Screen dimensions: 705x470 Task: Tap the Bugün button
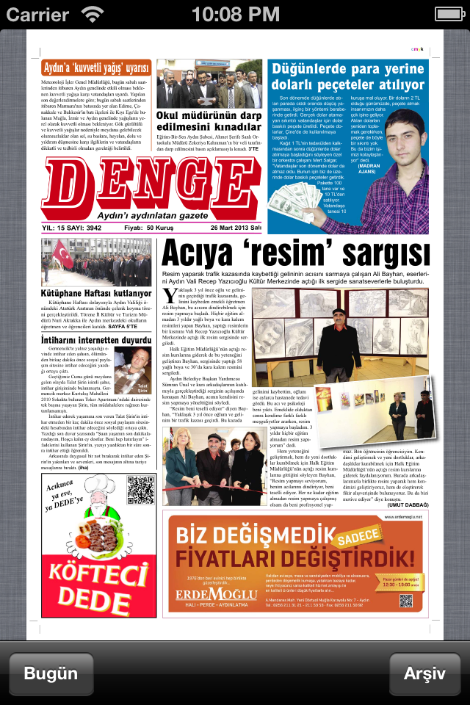(51, 673)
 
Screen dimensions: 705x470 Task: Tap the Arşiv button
(425, 673)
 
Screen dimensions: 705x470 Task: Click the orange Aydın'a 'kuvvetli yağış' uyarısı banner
(96, 68)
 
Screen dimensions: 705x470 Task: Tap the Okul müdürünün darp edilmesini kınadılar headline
(209, 121)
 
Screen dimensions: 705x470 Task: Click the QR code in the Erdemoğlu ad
(408, 601)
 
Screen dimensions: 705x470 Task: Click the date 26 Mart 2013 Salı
(236, 228)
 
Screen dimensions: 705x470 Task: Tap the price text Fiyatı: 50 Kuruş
(144, 228)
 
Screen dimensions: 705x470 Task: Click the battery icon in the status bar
(446, 14)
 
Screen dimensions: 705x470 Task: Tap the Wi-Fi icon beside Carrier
(93, 14)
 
